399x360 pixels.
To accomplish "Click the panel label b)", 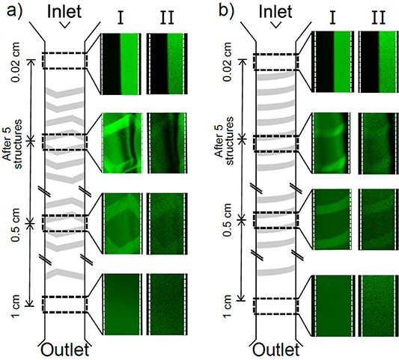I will [x=222, y=12].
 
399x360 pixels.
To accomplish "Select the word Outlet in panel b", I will [x=276, y=350].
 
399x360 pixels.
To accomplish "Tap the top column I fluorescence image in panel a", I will [x=120, y=64].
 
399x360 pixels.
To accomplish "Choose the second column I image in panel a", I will [x=120, y=141].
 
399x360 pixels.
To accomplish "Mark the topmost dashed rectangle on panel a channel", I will [x=64, y=61].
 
